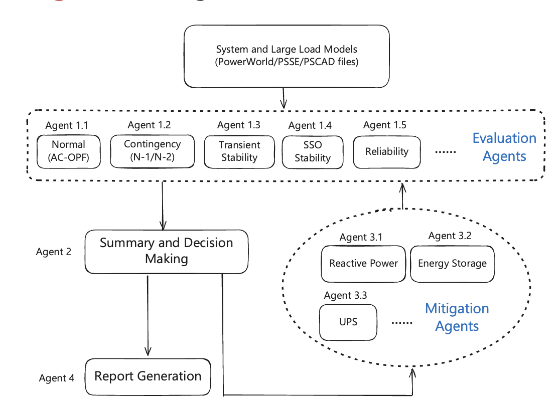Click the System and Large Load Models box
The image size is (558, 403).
[x=287, y=56]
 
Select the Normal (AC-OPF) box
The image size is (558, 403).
[x=69, y=151]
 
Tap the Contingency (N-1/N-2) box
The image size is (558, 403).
[x=152, y=150]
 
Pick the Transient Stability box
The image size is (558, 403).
[x=239, y=151]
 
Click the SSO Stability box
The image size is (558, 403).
[x=313, y=151]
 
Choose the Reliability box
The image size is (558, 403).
[x=387, y=151]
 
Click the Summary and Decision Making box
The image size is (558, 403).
[x=166, y=251]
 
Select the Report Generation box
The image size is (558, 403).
[x=148, y=376]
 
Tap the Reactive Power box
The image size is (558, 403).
[x=363, y=263]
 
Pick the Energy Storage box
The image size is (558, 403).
[x=452, y=263]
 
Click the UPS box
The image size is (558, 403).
[x=348, y=321]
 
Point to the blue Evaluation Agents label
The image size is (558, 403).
[x=504, y=147]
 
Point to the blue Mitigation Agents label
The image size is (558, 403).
[x=457, y=317]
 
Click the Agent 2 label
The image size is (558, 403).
[x=54, y=252]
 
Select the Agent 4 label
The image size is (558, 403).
[x=57, y=378]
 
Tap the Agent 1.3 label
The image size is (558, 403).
[x=239, y=125]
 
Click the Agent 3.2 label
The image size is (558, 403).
[x=450, y=236]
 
